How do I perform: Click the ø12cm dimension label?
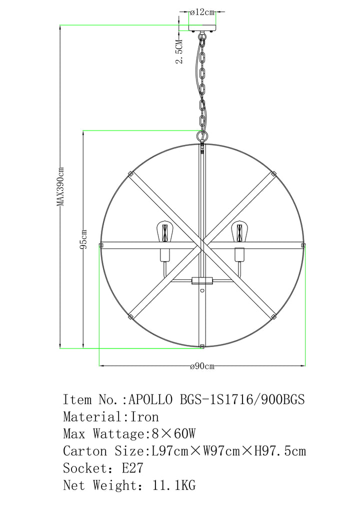click(202, 12)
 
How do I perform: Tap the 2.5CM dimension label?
click(179, 51)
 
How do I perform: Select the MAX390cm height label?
click(60, 186)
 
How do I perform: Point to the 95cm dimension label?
click(83, 239)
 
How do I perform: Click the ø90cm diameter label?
click(202, 366)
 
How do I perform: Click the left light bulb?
click(165, 232)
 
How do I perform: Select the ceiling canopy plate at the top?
click(202, 27)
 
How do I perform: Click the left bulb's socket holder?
click(165, 255)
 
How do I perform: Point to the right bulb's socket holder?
click(239, 255)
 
